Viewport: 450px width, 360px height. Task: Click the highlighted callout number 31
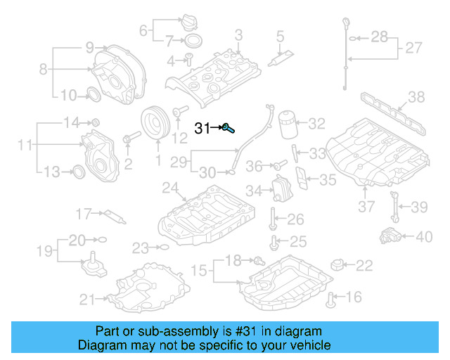click(202, 128)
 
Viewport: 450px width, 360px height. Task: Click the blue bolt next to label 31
click(229, 127)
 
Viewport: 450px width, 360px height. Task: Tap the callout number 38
click(416, 97)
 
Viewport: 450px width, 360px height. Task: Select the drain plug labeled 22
click(340, 265)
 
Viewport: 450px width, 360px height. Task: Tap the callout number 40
click(424, 237)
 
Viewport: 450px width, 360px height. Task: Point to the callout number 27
click(413, 49)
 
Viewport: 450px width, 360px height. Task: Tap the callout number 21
click(86, 300)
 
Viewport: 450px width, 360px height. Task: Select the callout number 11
click(25, 146)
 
